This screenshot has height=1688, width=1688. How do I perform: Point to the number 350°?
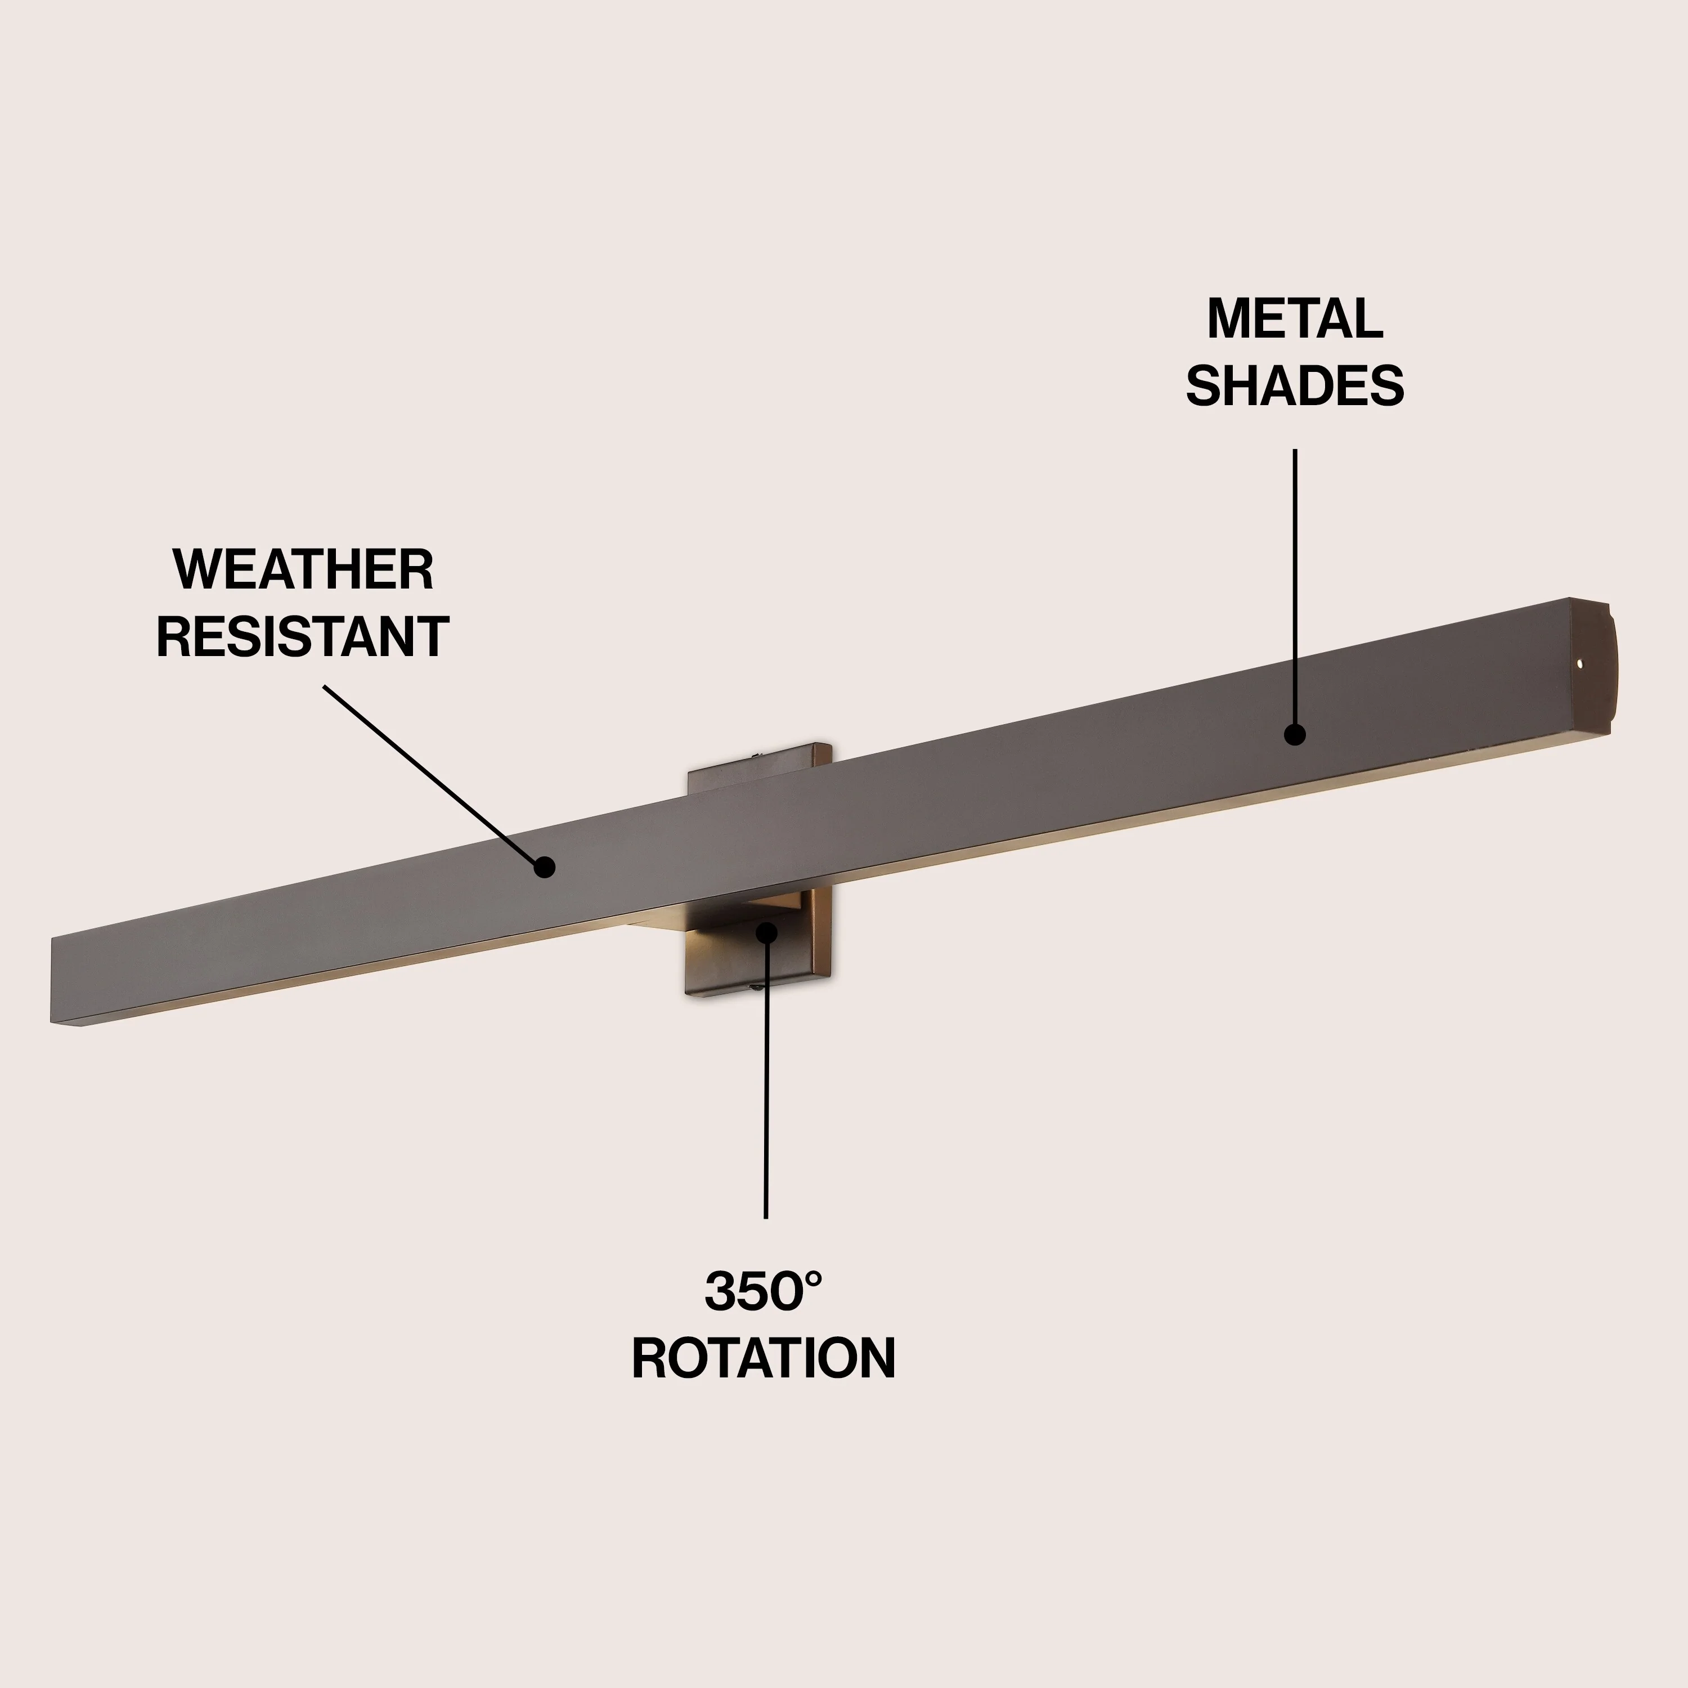click(764, 1291)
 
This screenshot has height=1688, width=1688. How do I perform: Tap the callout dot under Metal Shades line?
click(1295, 735)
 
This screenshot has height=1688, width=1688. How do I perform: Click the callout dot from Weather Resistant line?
click(544, 867)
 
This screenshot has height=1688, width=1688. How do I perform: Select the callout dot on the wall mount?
click(766, 932)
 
